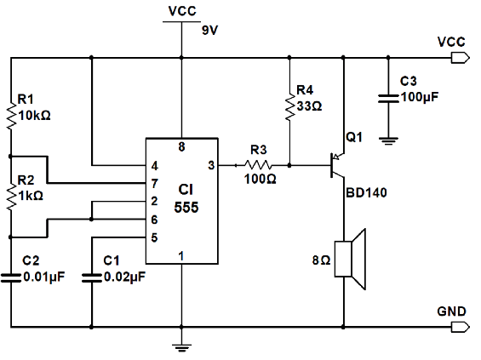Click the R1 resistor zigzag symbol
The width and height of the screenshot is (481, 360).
click(11, 117)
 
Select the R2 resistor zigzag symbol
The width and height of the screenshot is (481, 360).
click(11, 197)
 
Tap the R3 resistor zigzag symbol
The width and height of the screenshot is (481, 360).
click(258, 166)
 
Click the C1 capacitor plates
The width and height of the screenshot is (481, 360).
click(91, 277)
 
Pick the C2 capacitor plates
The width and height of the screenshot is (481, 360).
click(11, 277)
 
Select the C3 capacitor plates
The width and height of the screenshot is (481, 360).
click(388, 98)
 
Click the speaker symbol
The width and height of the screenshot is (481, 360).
click(350, 259)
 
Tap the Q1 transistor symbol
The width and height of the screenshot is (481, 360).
click(337, 165)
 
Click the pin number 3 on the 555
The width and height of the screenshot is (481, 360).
click(211, 166)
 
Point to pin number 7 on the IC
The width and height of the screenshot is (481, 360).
click(154, 184)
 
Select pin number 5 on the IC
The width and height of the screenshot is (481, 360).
click(154, 237)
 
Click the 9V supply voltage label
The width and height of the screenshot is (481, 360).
click(209, 31)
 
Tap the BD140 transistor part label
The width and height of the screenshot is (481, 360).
click(366, 193)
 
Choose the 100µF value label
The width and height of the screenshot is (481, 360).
click(420, 97)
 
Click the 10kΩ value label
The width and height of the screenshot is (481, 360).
click(34, 116)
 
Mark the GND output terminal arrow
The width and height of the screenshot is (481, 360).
click(460, 327)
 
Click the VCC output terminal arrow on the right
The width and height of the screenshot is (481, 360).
click(460, 58)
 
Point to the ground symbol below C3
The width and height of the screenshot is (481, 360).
click(388, 140)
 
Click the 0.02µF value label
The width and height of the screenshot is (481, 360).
click(124, 277)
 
